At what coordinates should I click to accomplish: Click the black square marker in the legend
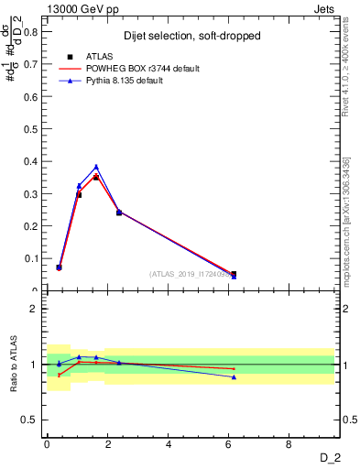70,57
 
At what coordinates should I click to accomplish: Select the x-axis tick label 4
169,445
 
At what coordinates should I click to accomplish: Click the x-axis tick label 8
289,445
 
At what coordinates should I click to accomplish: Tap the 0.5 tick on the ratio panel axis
31,420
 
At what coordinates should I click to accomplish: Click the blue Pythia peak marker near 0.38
96,167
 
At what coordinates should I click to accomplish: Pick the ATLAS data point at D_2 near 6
234,274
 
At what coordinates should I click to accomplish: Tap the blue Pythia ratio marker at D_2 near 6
234,377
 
